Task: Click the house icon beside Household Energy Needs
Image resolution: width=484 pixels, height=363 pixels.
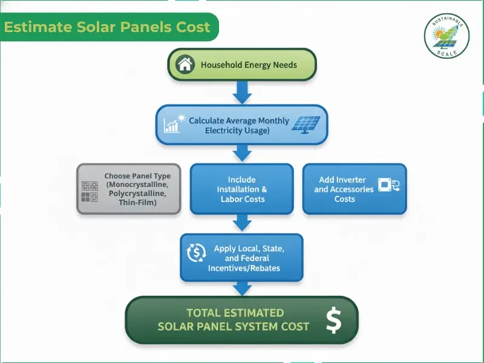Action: (185, 64)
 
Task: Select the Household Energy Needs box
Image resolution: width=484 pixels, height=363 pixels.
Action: (241, 65)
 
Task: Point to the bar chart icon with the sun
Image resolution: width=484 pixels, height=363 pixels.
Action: (173, 123)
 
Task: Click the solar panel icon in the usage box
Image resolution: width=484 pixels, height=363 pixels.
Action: (306, 123)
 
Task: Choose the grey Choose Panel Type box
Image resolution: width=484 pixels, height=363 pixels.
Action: (128, 189)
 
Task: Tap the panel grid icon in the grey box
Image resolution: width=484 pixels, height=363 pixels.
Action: (90, 191)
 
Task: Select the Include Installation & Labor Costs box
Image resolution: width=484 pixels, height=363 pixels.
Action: (241, 189)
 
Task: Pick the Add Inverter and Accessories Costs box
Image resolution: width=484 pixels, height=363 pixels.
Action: (355, 189)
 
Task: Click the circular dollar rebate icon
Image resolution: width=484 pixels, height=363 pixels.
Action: (197, 252)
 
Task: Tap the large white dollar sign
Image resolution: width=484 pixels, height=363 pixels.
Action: (333, 320)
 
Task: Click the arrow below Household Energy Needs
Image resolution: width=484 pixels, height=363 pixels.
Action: (241, 93)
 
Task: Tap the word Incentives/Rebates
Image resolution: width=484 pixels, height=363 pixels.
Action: (244, 268)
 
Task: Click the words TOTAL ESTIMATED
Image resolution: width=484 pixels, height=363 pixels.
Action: (235, 313)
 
